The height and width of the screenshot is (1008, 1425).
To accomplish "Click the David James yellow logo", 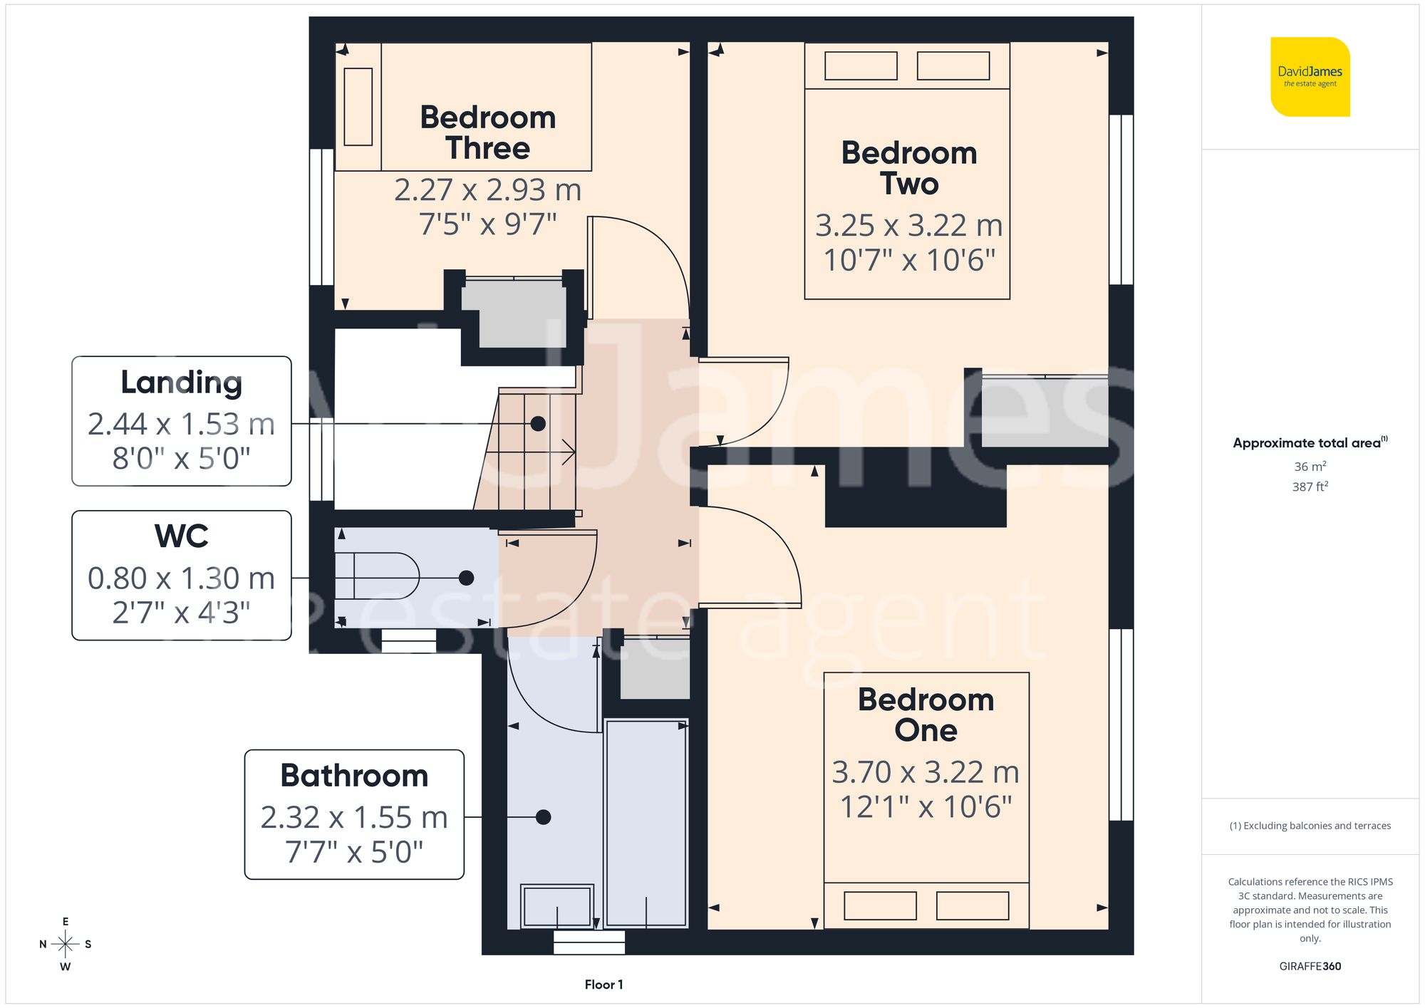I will click(1310, 77).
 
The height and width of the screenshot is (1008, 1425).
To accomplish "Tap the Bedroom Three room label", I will click(488, 133).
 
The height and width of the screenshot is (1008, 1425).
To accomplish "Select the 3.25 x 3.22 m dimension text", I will click(908, 226).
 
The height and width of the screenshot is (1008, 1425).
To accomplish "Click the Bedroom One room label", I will click(926, 715).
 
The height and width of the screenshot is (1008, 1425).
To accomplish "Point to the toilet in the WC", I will click(378, 576).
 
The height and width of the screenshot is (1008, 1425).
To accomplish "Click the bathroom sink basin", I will click(557, 906).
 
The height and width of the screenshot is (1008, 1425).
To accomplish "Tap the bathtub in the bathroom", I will click(646, 823).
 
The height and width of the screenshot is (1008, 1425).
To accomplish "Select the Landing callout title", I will click(181, 383).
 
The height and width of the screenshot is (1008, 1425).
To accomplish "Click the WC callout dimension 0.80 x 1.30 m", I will click(181, 578).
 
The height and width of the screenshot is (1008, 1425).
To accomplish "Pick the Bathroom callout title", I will click(354, 776).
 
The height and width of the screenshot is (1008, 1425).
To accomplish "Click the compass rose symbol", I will click(66, 945).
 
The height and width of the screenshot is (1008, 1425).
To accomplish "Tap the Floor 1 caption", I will click(603, 984).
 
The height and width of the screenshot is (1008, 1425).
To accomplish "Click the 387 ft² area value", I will click(1310, 487).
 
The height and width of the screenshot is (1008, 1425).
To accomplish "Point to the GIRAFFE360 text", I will click(1310, 966).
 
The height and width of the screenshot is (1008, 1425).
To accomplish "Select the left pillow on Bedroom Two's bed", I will click(861, 66).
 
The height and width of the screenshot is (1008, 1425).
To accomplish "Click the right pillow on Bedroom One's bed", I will click(972, 905).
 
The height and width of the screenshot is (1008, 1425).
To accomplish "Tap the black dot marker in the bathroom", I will click(543, 817).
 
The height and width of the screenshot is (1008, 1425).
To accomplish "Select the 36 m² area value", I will click(1310, 467).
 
